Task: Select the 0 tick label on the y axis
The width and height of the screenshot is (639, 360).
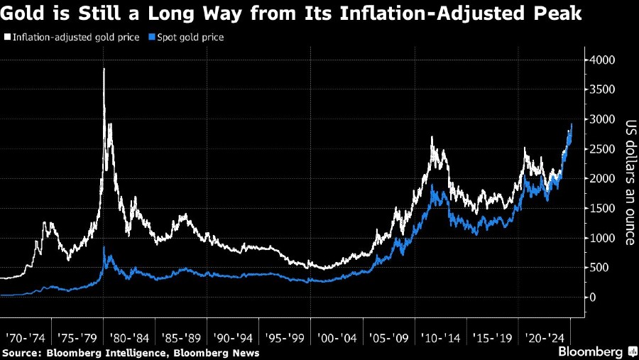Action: (591, 297)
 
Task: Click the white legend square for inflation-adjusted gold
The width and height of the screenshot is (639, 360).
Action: (7, 37)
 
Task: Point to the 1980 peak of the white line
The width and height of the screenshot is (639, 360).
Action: (104, 69)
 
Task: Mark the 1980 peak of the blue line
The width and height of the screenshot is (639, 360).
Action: (105, 247)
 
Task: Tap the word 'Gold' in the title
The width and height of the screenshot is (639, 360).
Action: (21, 13)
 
